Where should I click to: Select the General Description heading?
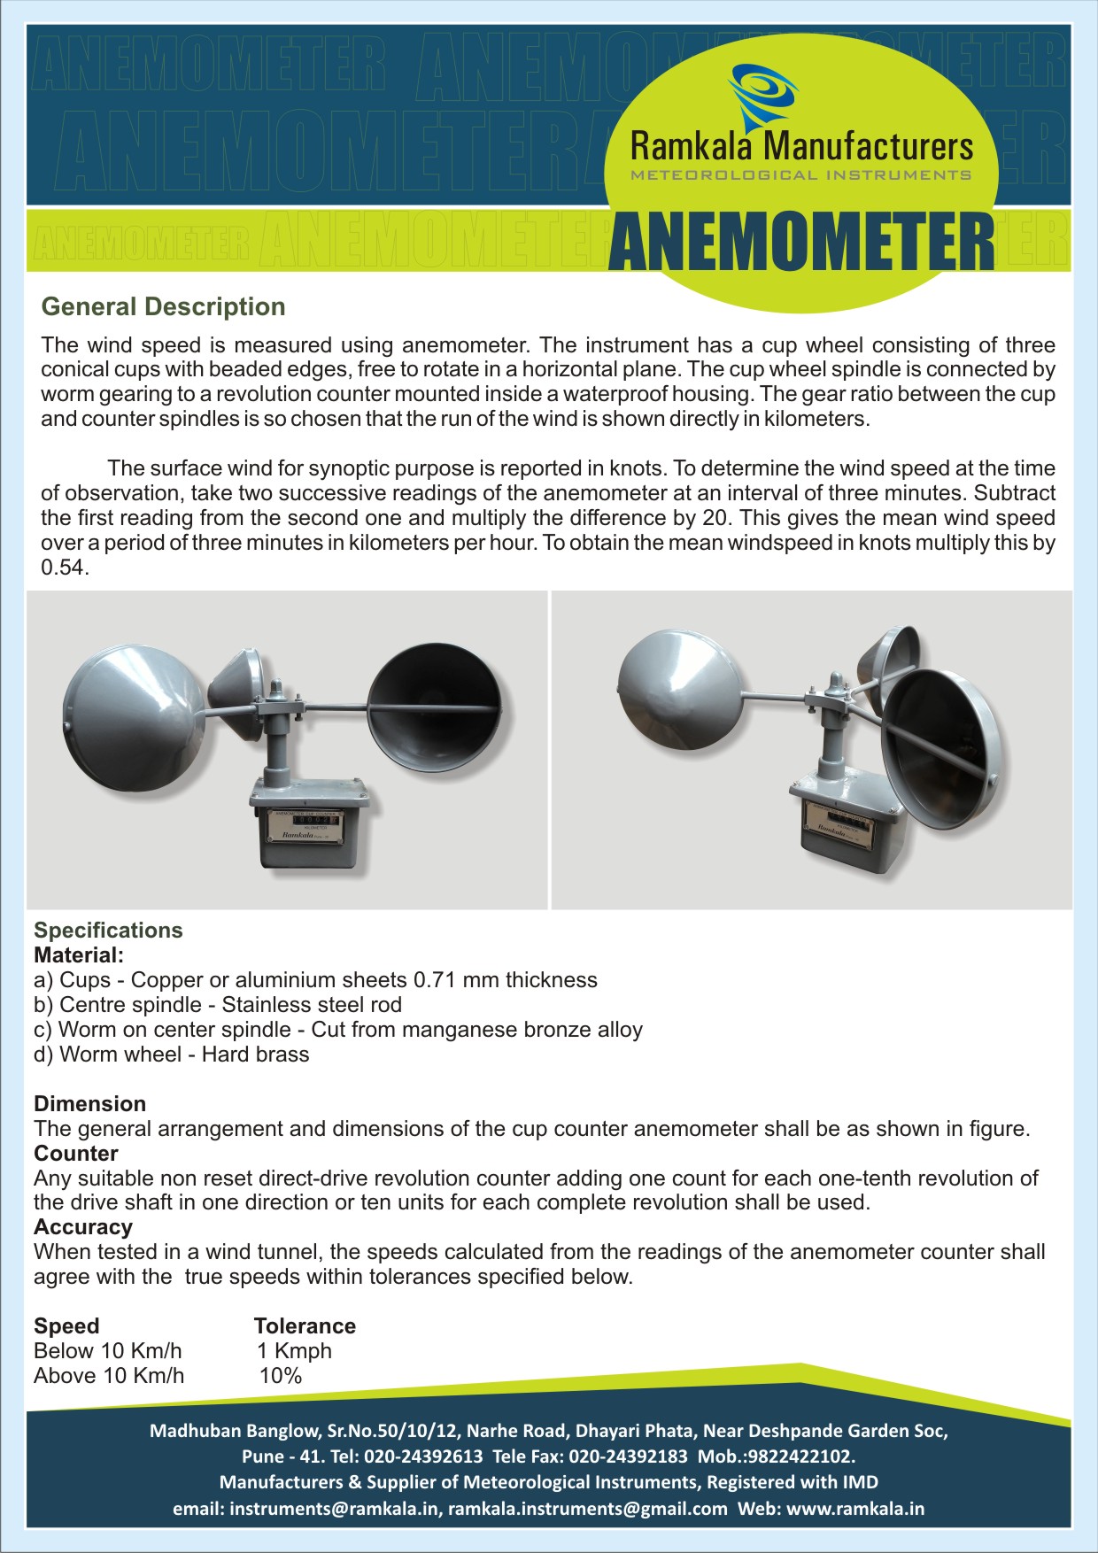click(164, 307)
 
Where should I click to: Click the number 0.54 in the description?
click(64, 568)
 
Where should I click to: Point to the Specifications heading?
click(108, 931)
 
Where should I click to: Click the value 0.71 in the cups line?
click(435, 980)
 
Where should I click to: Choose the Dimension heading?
click(89, 1104)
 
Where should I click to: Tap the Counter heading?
click(76, 1154)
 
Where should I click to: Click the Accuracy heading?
click(83, 1227)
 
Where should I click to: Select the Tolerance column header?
click(305, 1326)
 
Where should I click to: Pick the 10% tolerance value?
click(281, 1376)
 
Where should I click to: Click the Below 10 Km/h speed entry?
click(108, 1351)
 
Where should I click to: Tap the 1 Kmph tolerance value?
click(295, 1351)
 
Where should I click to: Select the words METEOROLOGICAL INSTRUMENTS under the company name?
click(800, 175)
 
